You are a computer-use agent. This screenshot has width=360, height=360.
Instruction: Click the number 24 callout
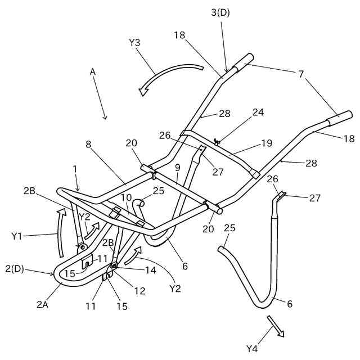point(258,112)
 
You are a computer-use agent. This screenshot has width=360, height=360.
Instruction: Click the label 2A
point(43,304)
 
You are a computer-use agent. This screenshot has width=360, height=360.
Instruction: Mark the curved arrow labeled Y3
point(169,74)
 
